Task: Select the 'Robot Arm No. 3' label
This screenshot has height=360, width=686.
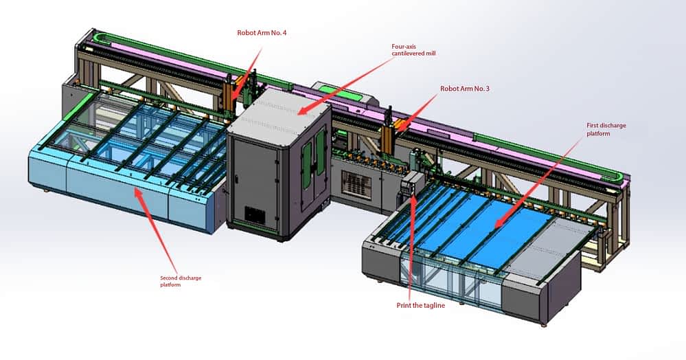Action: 464,89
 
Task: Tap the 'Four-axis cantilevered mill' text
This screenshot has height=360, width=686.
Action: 412,49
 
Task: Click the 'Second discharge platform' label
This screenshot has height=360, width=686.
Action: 181,281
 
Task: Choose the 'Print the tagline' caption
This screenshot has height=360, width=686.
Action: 420,305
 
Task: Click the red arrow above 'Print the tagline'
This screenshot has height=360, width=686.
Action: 413,247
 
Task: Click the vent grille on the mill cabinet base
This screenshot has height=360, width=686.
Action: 256,215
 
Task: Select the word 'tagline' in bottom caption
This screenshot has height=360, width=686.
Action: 432,305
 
